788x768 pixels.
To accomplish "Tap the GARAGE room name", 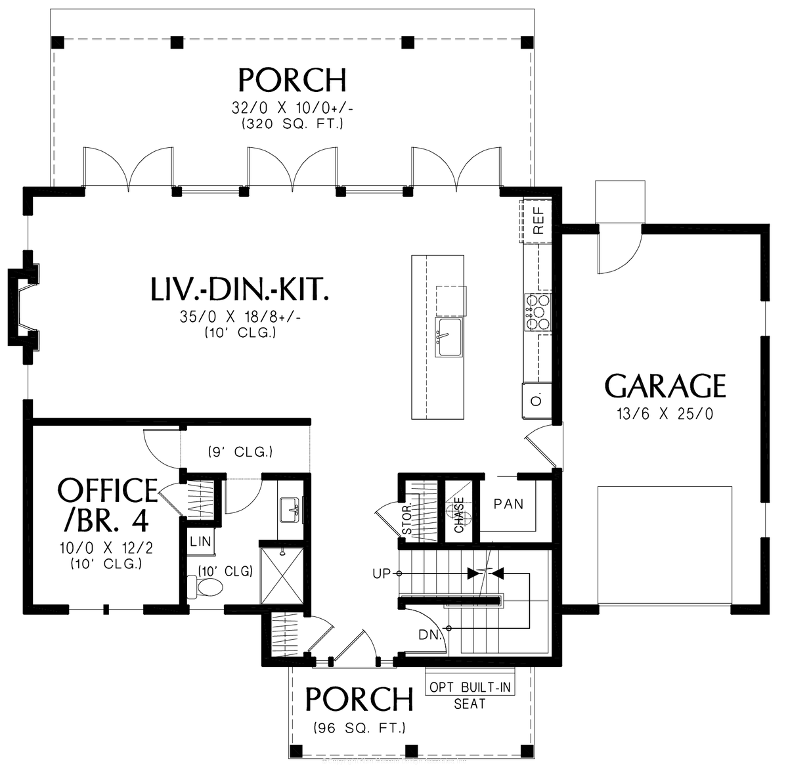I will pyautogui.click(x=665, y=386).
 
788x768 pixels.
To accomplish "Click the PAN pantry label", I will pyautogui.click(x=508, y=505).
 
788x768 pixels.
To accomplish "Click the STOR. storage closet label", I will pyautogui.click(x=407, y=520).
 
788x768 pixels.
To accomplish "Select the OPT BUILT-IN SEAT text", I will pyautogui.click(x=470, y=695).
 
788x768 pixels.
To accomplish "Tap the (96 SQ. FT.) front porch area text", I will pyautogui.click(x=359, y=728).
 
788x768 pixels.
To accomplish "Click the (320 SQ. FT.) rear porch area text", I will pyautogui.click(x=292, y=123).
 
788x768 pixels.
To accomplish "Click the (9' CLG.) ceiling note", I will pyautogui.click(x=240, y=452).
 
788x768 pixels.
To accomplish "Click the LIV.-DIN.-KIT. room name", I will pyautogui.click(x=240, y=290).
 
